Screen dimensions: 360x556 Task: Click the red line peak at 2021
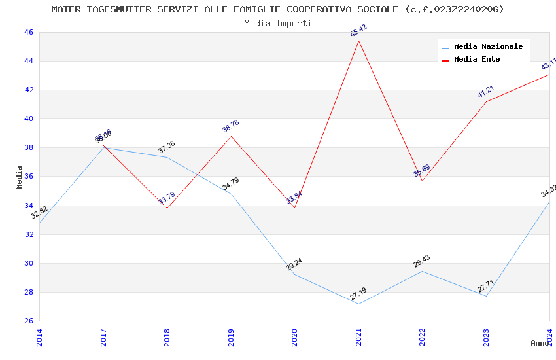point(358,41)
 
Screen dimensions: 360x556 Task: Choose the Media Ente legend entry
point(477,60)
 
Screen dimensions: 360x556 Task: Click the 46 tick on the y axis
point(28,32)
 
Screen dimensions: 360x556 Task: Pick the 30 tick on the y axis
point(28,263)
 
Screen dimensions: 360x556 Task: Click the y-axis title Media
point(20,177)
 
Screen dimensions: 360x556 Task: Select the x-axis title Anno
point(540,343)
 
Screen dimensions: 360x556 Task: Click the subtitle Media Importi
point(278,23)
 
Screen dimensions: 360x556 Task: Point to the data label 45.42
point(358,31)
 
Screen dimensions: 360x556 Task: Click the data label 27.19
point(358,294)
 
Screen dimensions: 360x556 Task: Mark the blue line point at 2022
point(422,271)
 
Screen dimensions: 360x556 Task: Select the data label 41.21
point(486,92)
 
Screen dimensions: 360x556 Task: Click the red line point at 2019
point(231,136)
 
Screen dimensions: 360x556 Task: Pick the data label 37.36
point(167,147)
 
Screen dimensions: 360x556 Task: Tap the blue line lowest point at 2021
point(358,304)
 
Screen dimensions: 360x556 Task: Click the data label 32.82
point(39,212)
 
